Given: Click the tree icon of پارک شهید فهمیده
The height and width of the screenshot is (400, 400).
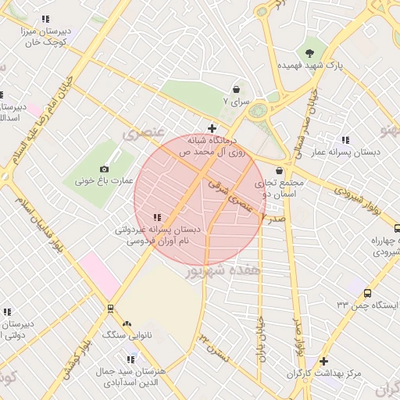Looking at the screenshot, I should [x=311, y=52].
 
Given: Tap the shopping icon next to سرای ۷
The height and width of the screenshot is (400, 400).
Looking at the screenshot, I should [x=236, y=90].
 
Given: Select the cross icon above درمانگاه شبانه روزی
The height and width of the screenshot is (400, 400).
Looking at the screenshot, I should [x=212, y=128].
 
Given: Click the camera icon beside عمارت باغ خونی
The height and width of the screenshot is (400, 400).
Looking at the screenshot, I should [x=105, y=169].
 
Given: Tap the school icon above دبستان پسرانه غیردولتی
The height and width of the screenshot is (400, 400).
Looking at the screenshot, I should [x=157, y=218].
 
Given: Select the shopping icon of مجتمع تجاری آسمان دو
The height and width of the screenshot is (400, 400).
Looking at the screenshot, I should [x=279, y=170].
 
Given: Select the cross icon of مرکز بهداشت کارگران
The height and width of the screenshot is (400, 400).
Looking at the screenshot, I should [x=324, y=362].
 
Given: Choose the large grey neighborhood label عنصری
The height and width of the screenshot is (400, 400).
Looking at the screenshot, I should [x=144, y=134].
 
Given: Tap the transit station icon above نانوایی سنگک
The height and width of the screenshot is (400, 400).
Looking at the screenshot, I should [x=110, y=308].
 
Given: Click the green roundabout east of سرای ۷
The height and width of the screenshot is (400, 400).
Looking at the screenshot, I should [x=258, y=111].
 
